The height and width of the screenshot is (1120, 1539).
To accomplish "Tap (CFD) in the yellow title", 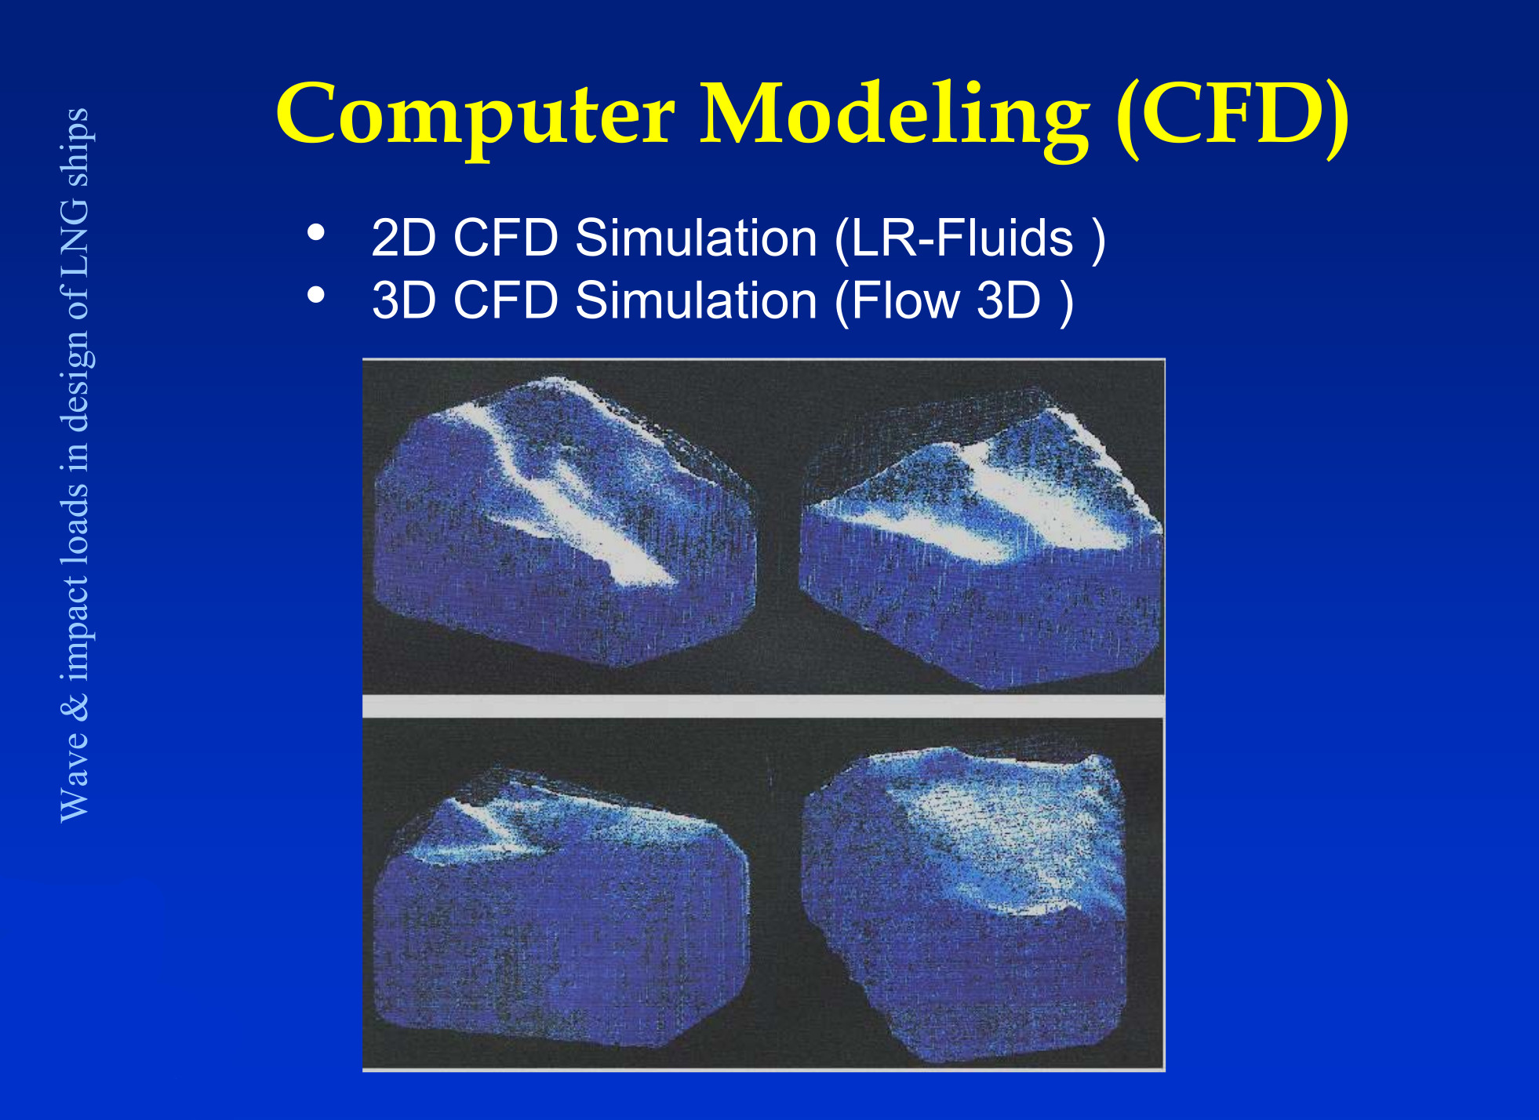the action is (x=1232, y=116).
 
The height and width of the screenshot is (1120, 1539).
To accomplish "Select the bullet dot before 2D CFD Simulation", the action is (x=316, y=232).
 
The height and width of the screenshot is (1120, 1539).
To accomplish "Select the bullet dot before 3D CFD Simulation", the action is (x=316, y=295).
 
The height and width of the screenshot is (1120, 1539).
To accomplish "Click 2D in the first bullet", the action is (x=403, y=238).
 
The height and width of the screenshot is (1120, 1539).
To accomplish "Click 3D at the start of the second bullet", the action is (x=403, y=300).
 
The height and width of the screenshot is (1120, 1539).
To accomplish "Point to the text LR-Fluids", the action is (x=962, y=238).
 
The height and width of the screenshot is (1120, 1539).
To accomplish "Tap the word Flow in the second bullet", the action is (x=906, y=300).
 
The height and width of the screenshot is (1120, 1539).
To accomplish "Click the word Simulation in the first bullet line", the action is (x=697, y=238).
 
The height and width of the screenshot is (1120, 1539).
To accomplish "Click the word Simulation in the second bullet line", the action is (x=697, y=300).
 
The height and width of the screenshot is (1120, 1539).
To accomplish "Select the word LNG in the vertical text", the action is (x=75, y=236).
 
